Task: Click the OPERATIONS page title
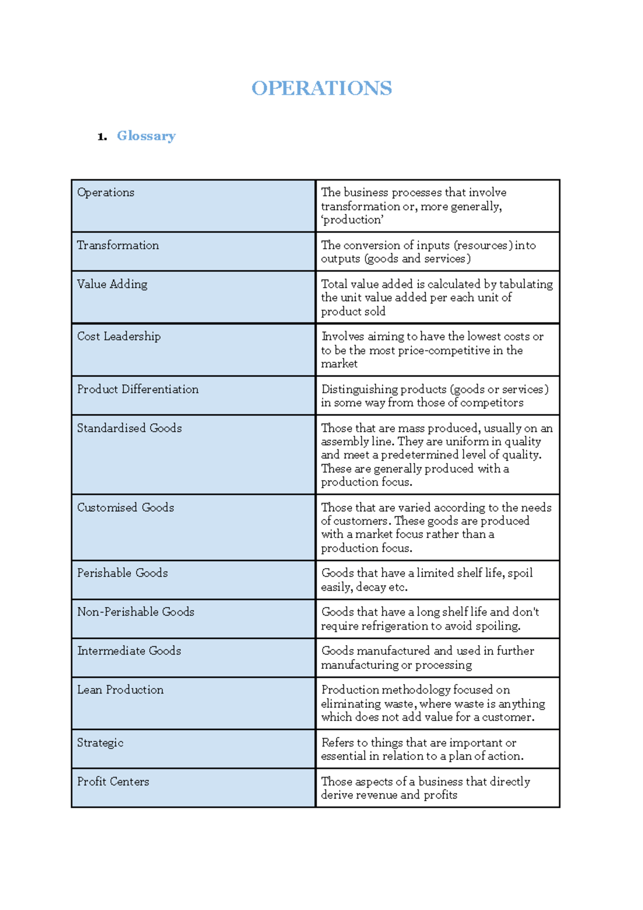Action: point(322,88)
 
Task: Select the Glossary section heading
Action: point(146,136)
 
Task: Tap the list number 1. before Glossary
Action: point(102,137)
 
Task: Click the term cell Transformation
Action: point(118,245)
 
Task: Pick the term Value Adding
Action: point(112,285)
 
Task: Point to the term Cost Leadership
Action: point(118,337)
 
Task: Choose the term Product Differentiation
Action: point(138,390)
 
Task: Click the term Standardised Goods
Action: point(129,428)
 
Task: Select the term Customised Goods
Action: point(125,508)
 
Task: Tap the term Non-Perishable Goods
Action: point(136,612)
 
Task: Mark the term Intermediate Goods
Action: point(129,651)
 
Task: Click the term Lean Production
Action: point(120,690)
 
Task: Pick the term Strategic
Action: point(100,743)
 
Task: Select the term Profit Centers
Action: point(113,782)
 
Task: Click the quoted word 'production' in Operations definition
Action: point(352,220)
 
